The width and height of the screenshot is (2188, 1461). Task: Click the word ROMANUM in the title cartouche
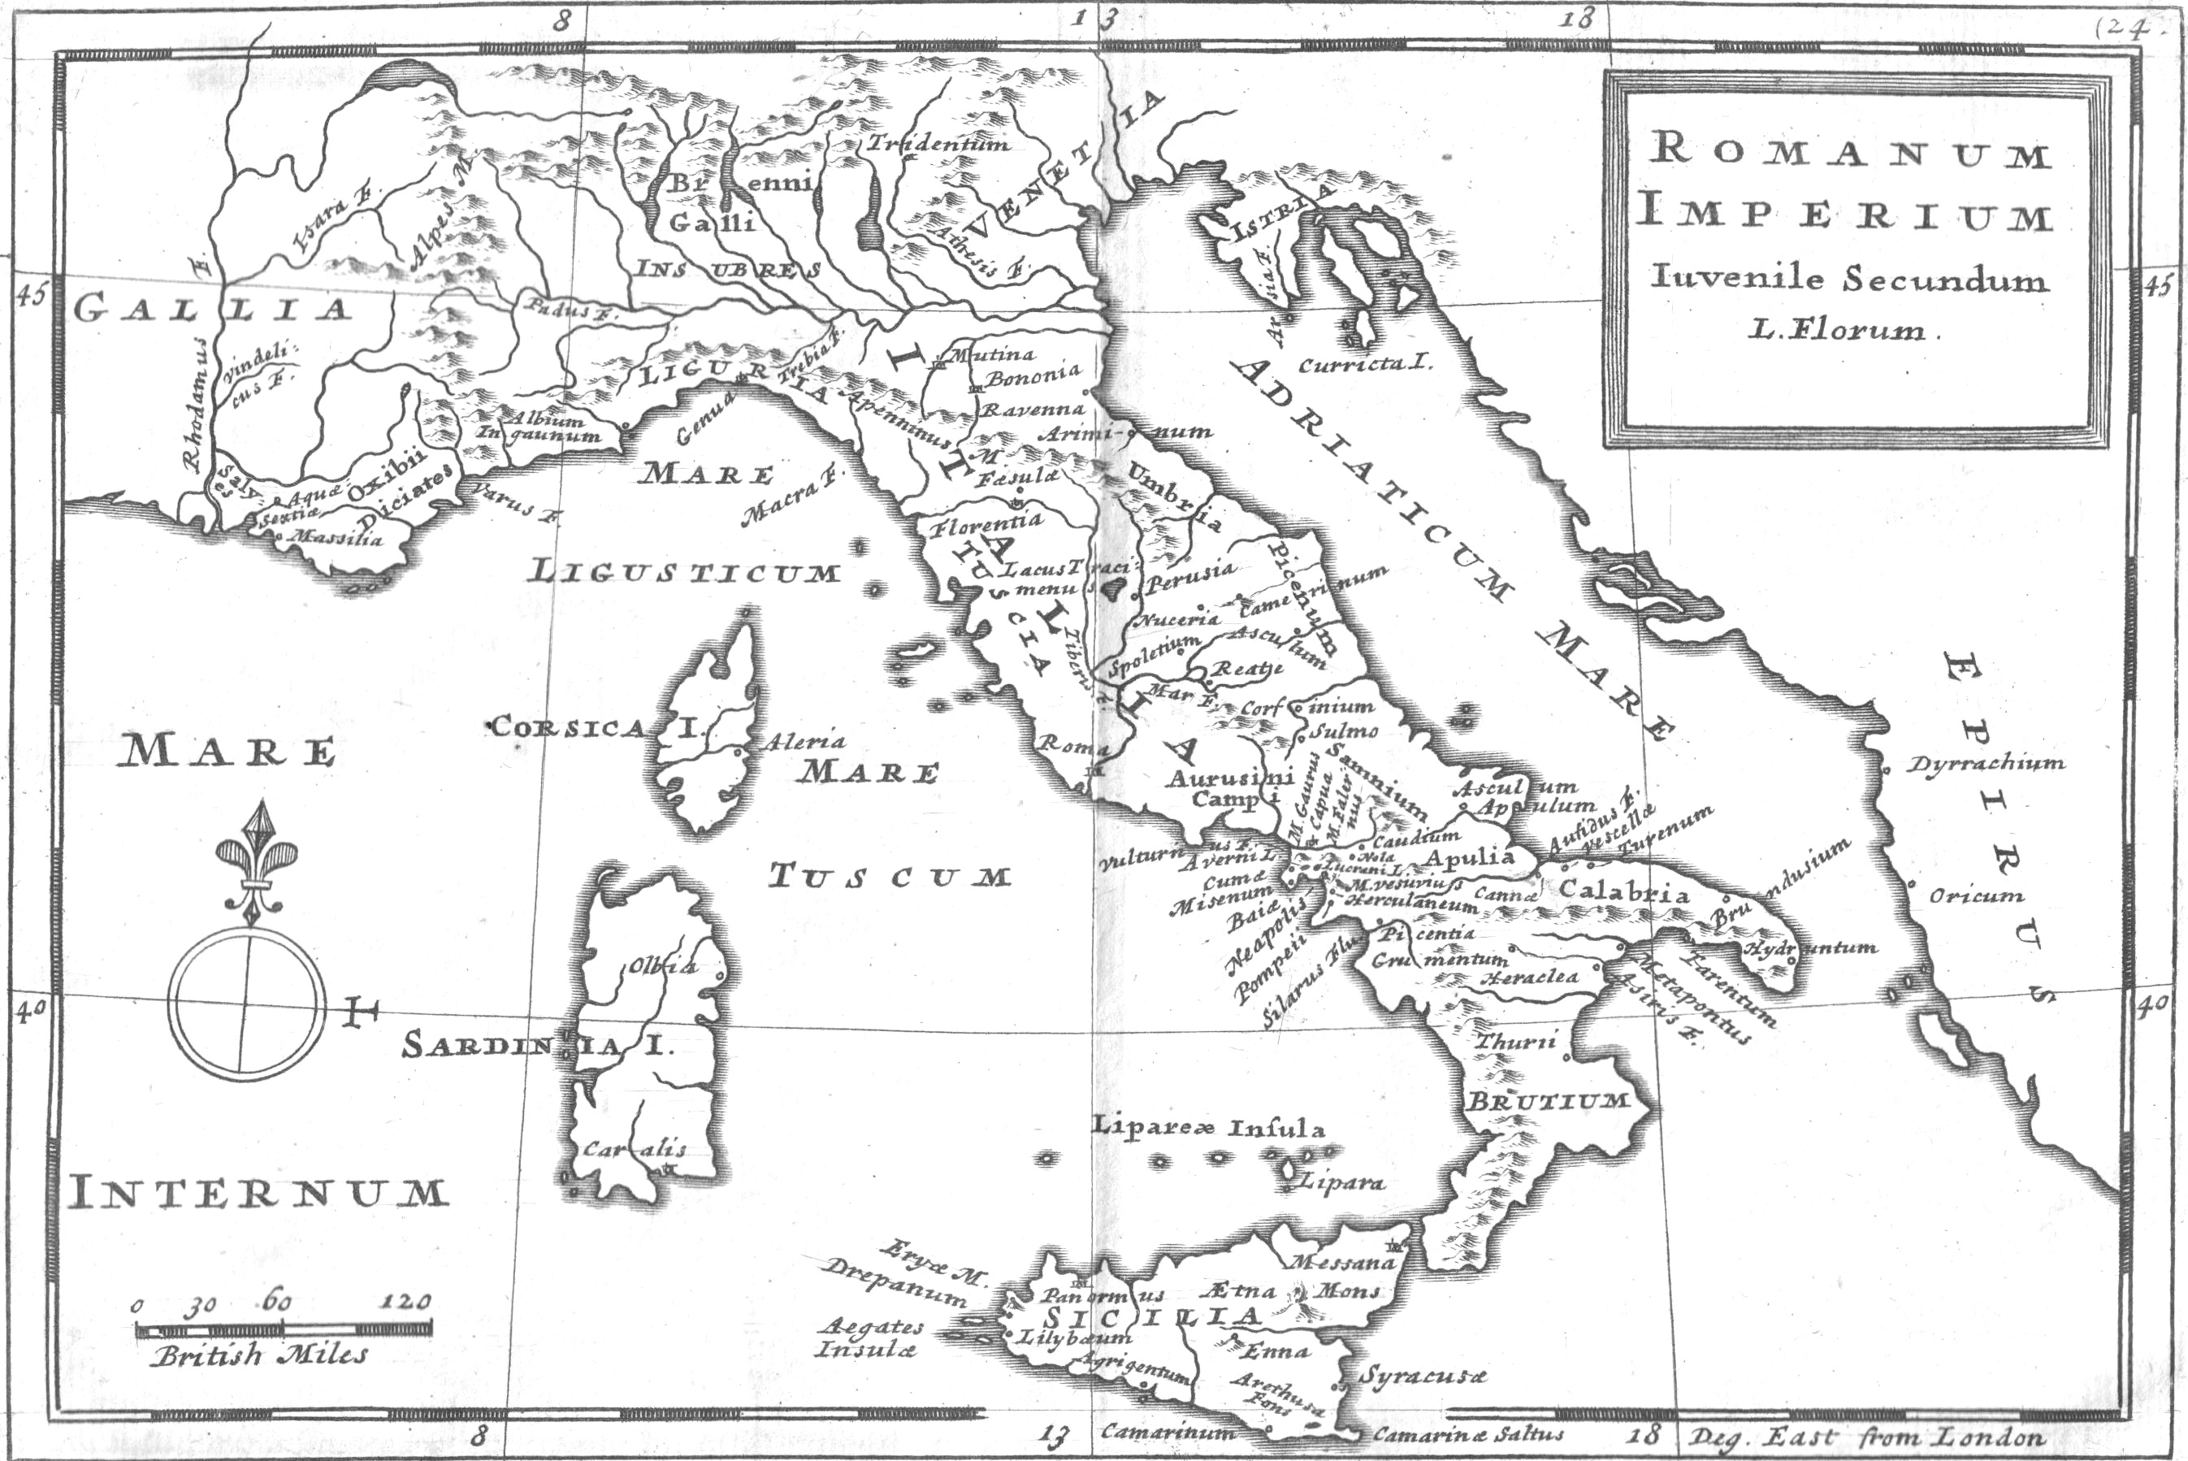(1850, 153)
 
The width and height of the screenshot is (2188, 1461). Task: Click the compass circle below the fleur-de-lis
(247, 1003)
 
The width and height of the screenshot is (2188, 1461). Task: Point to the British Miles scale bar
(284, 1329)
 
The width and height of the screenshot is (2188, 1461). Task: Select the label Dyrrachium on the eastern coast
(1984, 765)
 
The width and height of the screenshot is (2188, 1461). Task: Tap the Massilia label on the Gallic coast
(336, 538)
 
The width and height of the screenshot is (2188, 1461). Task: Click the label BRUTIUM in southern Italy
(1548, 1101)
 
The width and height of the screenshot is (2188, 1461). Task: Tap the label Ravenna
(1034, 409)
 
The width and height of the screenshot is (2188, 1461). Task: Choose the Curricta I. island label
(1365, 364)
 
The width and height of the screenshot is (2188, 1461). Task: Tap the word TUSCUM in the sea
(890, 877)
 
